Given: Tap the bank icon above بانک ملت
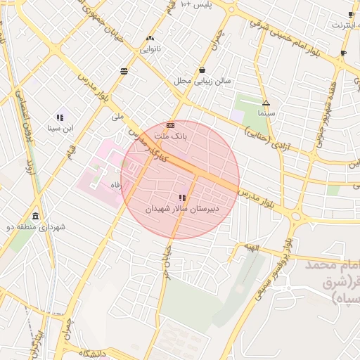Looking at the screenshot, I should coord(170,124).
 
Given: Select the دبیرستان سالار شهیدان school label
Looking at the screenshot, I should coord(183,209).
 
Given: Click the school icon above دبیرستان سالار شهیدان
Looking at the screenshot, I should coord(183,198).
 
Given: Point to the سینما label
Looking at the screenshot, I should coord(266,113).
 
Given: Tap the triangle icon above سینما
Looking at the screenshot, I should coord(266,103).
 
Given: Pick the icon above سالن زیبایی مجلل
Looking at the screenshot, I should coord(202,70).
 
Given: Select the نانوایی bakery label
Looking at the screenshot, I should coord(151,49).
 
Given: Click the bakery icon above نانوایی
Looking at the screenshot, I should coord(150,38).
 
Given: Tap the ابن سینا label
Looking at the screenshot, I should coord(60,128).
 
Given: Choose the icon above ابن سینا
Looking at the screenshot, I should coord(60,117).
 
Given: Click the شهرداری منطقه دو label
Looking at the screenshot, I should coord(36,227).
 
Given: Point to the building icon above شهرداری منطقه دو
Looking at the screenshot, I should coord(35,216).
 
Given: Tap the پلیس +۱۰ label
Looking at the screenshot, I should coord(196,5).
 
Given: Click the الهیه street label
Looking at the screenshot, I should coord(252,248).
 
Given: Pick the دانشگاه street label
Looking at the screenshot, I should coord(92,353).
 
